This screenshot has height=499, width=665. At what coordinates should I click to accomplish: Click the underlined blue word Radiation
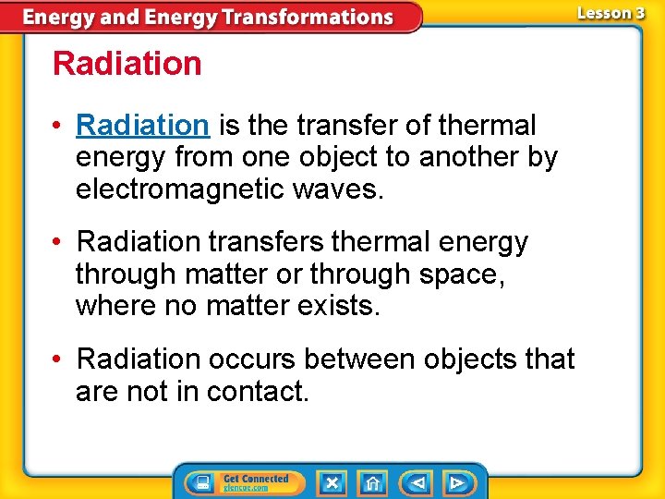click(143, 125)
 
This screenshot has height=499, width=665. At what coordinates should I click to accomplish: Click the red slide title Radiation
click(127, 64)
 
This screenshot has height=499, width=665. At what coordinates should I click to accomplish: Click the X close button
click(332, 482)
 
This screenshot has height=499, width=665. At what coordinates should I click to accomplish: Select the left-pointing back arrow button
click(417, 482)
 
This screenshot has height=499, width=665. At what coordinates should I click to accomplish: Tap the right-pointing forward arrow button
click(457, 482)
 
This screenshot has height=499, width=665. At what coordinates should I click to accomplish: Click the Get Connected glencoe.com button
click(256, 482)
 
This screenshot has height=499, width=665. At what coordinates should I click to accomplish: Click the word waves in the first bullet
click(335, 189)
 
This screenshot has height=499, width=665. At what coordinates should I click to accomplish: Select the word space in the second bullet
click(462, 274)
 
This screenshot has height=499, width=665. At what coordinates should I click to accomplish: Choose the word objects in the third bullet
click(450, 359)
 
